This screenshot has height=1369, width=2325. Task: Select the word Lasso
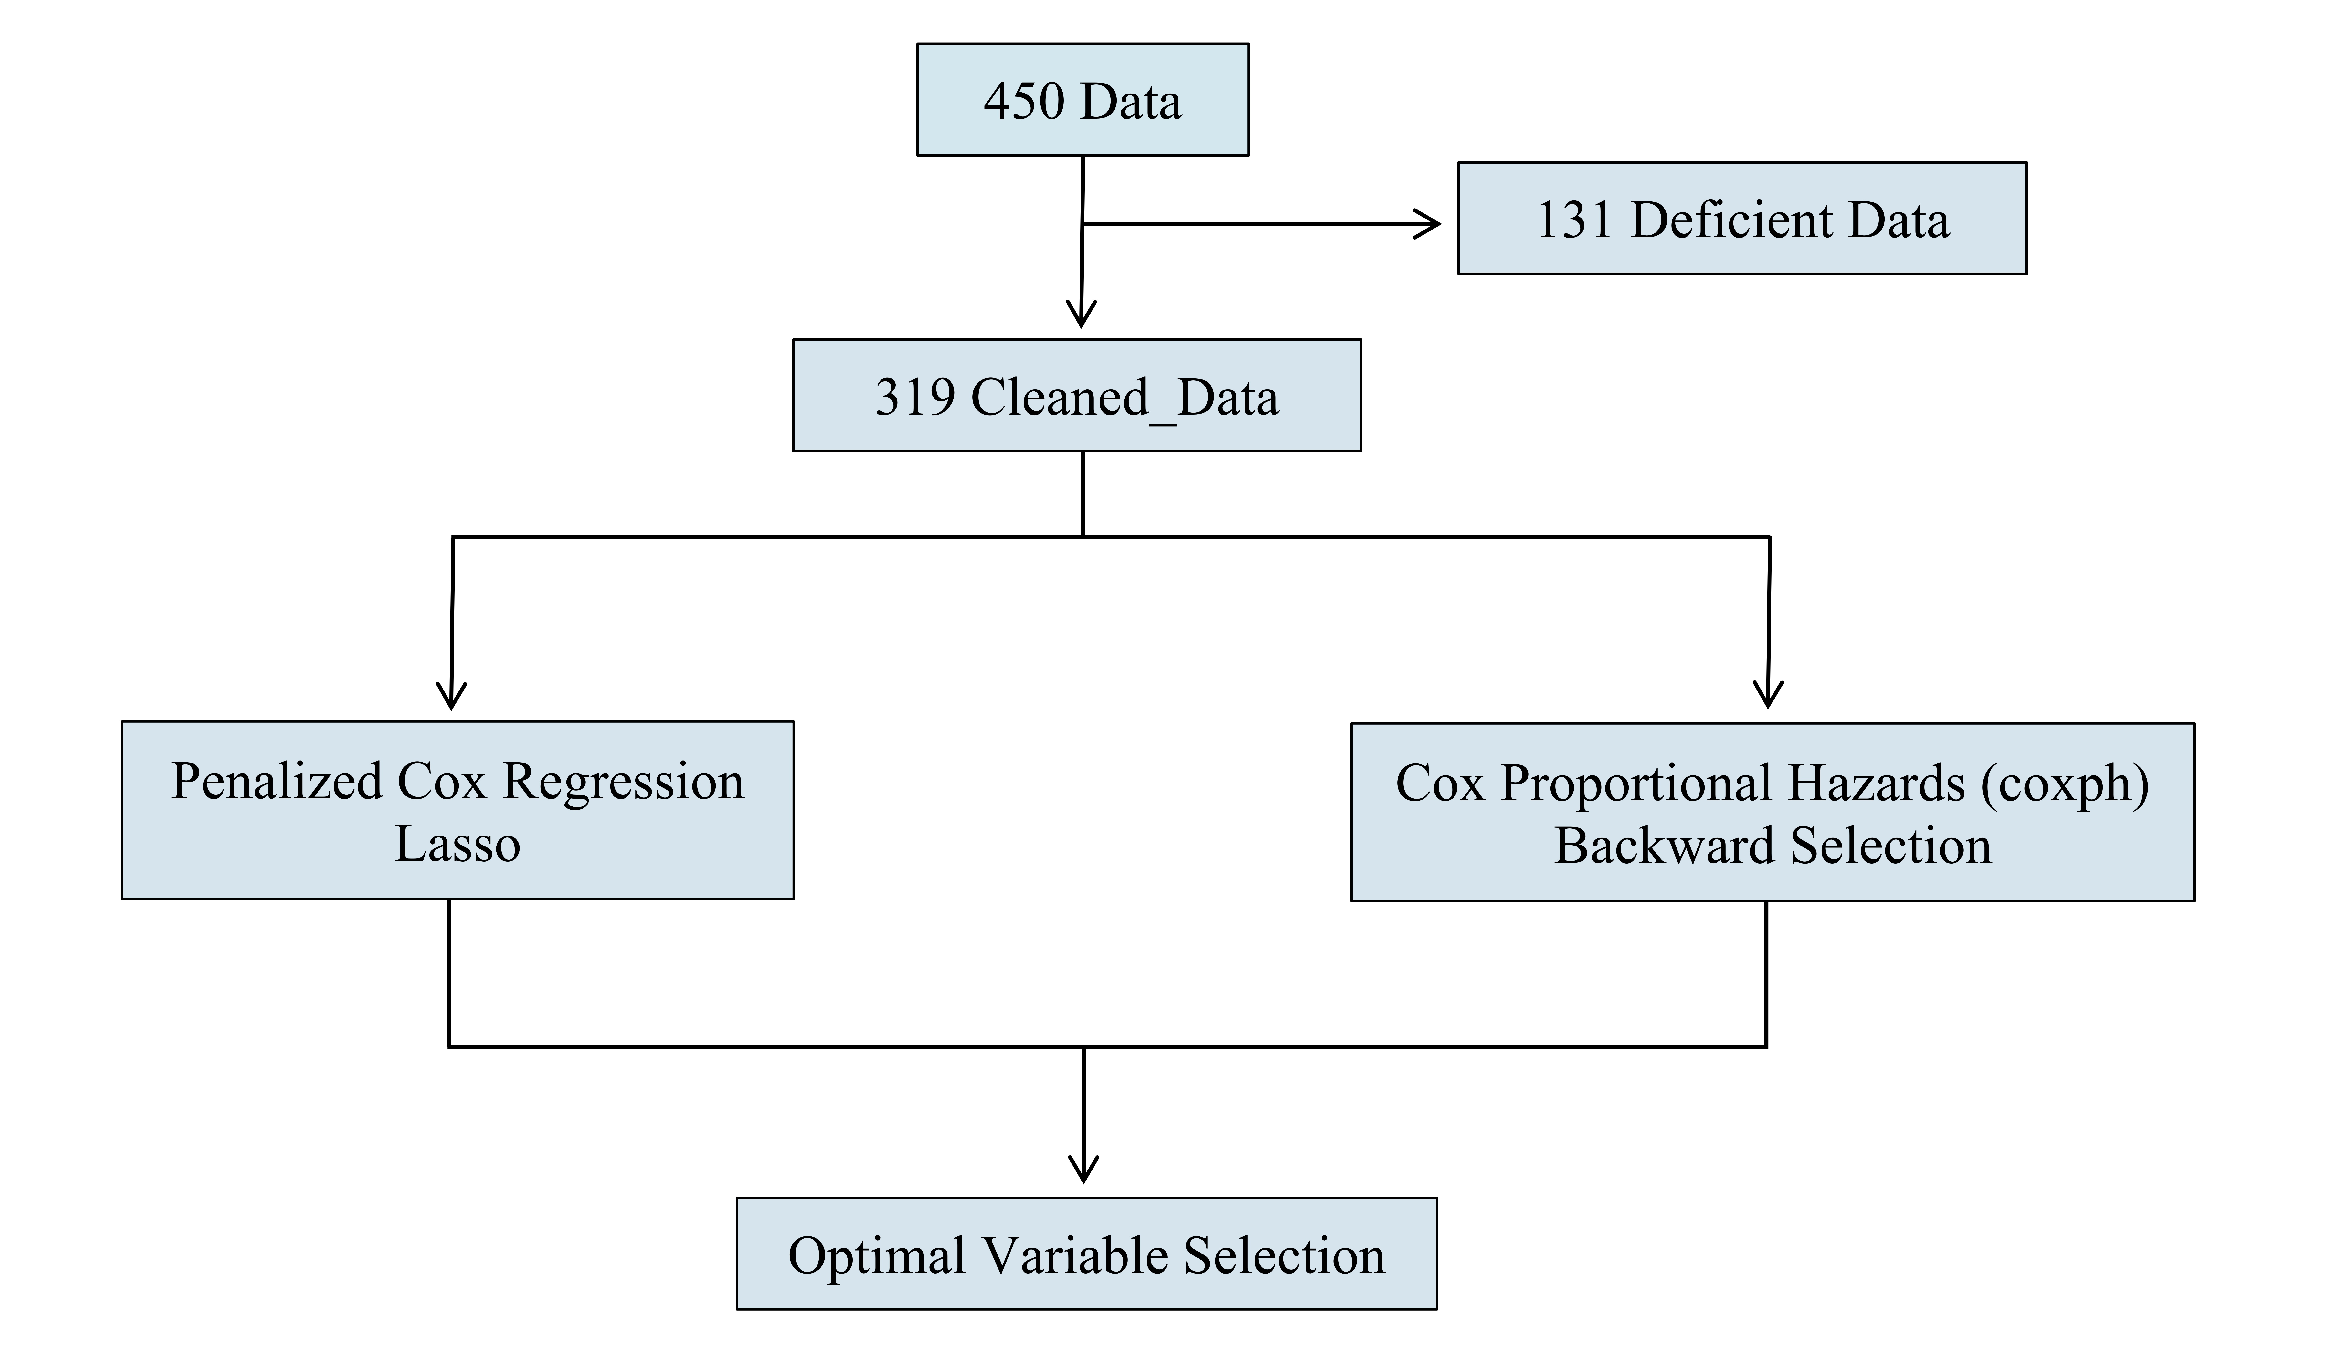tap(458, 844)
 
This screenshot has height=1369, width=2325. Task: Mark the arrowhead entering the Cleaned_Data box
tap(1081, 314)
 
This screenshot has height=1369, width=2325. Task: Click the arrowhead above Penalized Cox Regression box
tap(451, 696)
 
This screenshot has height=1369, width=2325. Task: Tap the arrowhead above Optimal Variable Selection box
tap(1083, 1170)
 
